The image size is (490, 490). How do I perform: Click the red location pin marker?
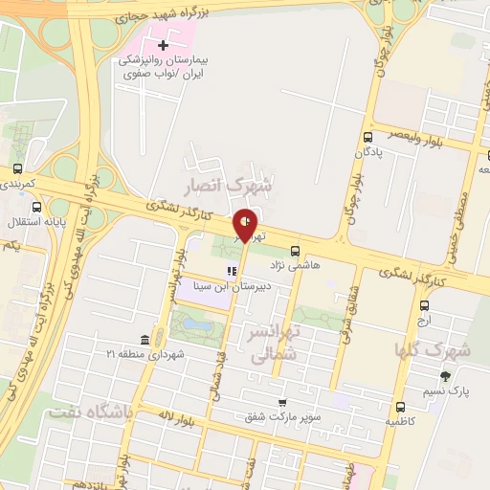pos(246,224)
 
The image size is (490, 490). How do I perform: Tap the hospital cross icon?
pos(163,45)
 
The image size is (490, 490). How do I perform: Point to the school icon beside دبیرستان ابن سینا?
pos(231,272)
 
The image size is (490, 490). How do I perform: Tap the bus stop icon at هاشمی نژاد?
pos(294,247)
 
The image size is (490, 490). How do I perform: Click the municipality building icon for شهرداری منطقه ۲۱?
pos(144,341)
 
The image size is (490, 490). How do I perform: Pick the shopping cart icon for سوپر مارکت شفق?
pos(281,402)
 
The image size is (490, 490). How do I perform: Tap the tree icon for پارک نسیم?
pos(444,376)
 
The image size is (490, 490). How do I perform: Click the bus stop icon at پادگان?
pos(368,137)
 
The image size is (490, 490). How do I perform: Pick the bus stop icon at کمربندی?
pos(17,167)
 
